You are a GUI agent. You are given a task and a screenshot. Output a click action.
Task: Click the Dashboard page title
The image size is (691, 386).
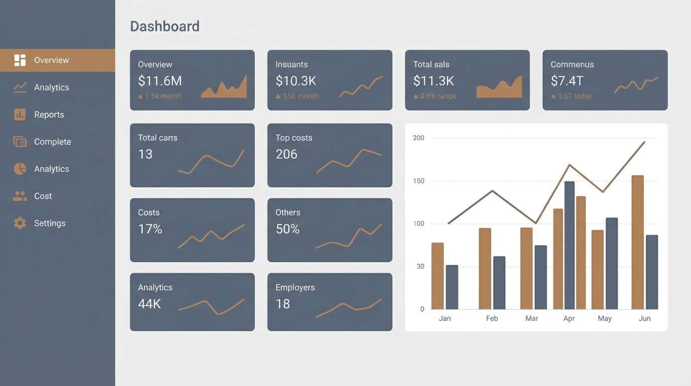tap(165, 26)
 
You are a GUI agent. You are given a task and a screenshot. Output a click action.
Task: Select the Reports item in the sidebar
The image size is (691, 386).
tap(49, 115)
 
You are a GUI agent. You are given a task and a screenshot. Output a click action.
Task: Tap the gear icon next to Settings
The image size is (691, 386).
tap(20, 223)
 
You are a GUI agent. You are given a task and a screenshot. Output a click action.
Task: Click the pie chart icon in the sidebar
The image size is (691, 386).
tap(20, 169)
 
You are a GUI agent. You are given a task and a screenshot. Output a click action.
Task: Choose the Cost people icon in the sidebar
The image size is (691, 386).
tap(20, 196)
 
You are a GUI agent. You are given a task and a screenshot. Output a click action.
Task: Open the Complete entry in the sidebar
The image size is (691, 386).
tap(52, 142)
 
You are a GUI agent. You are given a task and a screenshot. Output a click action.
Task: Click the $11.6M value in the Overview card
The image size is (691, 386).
tap(160, 80)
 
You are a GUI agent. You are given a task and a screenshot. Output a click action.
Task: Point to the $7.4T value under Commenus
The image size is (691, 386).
tap(567, 80)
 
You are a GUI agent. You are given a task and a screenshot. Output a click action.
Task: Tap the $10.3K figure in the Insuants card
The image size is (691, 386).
tap(296, 80)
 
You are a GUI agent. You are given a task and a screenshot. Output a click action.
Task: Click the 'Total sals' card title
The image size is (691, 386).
tap(431, 64)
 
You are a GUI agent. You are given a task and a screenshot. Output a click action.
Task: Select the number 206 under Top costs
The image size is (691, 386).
tap(286, 154)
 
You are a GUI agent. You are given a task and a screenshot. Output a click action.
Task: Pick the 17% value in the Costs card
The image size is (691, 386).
tap(150, 229)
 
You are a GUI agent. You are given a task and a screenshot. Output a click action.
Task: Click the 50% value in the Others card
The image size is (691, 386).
tap(287, 229)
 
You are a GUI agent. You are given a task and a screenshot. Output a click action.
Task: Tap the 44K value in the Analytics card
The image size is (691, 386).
tap(149, 304)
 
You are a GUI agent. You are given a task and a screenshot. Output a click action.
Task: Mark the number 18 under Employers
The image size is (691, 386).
tap(283, 304)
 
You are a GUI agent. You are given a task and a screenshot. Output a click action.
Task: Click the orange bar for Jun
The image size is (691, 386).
tap(637, 242)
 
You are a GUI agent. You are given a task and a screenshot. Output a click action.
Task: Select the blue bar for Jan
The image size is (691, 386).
tap(452, 287)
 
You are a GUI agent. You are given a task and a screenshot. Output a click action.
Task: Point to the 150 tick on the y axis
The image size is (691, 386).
tap(418, 181)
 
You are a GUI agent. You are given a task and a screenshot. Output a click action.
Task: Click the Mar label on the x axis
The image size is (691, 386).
tap(532, 319)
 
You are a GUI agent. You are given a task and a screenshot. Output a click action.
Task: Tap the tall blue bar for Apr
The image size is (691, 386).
tap(569, 245)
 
